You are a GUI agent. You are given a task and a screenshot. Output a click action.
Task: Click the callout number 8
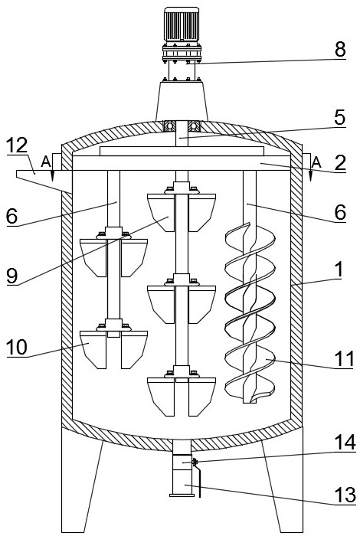click(x=340, y=50)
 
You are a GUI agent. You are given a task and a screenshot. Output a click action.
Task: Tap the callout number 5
click(x=339, y=118)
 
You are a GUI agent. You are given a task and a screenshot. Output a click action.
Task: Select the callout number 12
click(x=17, y=145)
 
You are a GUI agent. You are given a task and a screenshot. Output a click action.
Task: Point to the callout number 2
click(x=340, y=162)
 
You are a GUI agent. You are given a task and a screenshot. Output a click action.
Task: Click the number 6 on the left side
click(x=12, y=216)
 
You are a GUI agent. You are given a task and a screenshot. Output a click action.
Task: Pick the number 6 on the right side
click(x=340, y=213)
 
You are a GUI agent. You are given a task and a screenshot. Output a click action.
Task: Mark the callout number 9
click(x=12, y=276)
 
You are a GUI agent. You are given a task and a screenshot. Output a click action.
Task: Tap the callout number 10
click(x=17, y=348)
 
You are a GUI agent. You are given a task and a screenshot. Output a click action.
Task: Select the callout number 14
click(x=345, y=443)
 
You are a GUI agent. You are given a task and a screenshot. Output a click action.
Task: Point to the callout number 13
click(x=345, y=495)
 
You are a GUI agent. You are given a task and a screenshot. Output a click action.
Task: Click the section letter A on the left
click(x=45, y=162)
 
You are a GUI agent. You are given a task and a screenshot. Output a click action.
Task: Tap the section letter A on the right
click(x=316, y=162)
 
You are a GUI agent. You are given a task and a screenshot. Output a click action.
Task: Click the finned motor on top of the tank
click(x=182, y=25)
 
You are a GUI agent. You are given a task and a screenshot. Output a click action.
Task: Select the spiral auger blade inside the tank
click(x=250, y=312)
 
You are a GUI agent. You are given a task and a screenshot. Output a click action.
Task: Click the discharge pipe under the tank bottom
click(x=182, y=469)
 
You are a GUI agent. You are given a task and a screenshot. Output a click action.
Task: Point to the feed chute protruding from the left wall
click(x=44, y=178)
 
